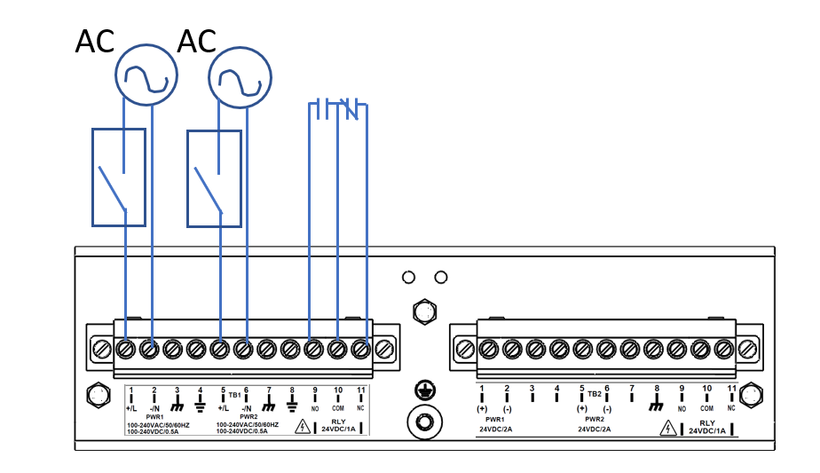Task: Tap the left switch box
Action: [x=119, y=177]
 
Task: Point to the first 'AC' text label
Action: [x=96, y=42]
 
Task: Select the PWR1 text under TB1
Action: [x=154, y=416]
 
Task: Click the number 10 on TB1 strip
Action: [x=338, y=390]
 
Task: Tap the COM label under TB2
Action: [x=706, y=409]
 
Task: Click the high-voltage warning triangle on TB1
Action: [x=303, y=428]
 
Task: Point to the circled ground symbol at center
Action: [x=424, y=391]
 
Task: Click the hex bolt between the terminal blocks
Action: [x=423, y=311]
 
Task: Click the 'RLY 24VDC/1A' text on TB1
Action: [x=338, y=427]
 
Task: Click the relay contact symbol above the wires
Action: [x=337, y=110]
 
